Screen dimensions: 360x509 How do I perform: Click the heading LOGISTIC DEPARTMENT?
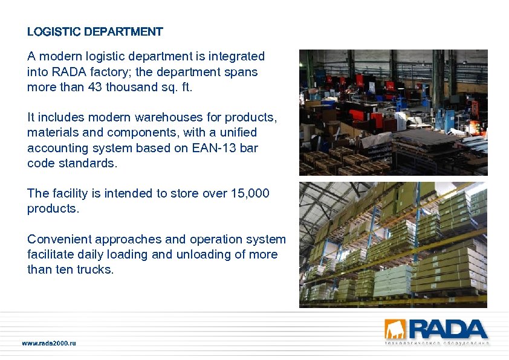coord(95,31)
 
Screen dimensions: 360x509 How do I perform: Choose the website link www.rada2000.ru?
coord(49,343)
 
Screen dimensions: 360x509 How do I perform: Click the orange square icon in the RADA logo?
coord(396,329)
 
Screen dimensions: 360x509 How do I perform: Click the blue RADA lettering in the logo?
coord(447,329)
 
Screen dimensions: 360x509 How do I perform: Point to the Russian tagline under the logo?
coord(436,343)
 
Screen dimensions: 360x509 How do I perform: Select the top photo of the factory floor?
coord(393,112)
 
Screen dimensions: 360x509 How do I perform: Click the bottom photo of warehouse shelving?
coord(393,245)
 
